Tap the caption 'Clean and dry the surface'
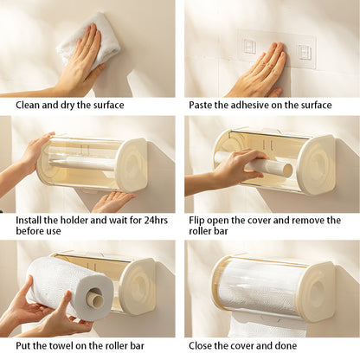69,106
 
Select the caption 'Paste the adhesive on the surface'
259,106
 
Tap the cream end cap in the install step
132,164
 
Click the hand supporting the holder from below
112,202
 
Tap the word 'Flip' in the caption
199,220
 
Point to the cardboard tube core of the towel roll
95,300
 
